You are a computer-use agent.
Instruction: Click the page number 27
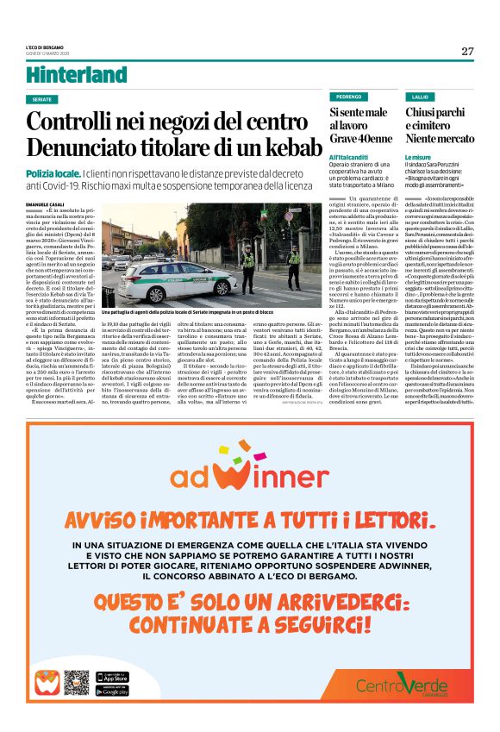coord(467,51)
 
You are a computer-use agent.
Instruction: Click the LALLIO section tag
coord(421,97)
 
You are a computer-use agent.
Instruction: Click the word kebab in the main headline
coord(284,147)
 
